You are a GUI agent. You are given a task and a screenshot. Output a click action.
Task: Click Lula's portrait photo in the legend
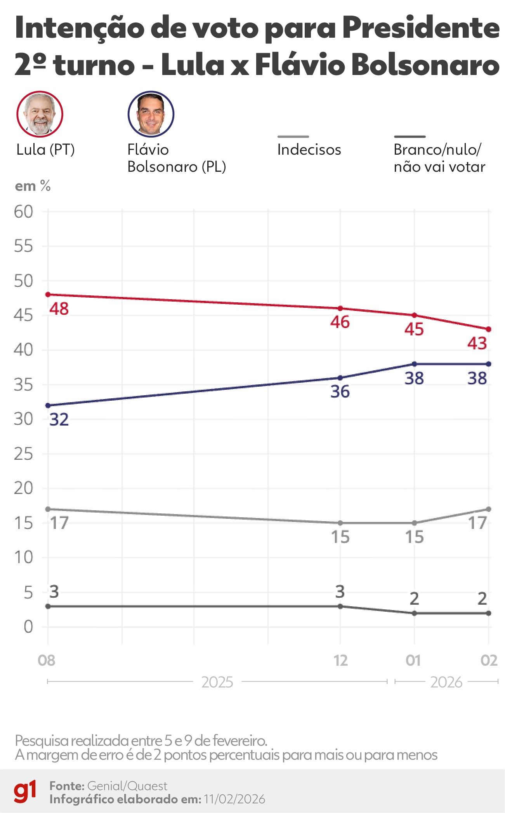[40, 114]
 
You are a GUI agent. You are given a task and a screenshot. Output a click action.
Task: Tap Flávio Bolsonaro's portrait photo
[151, 114]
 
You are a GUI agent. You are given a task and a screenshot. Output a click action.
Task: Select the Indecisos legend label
[309, 150]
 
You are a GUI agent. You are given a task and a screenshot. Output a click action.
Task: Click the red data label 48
[59, 309]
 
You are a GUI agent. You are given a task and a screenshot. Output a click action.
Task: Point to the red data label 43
[477, 344]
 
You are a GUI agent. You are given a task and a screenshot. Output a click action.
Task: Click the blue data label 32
[59, 420]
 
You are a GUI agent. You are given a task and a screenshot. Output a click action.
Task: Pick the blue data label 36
[340, 392]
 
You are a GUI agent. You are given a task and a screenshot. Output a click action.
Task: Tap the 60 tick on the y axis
[24, 212]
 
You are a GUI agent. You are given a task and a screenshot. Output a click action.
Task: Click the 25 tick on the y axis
[24, 454]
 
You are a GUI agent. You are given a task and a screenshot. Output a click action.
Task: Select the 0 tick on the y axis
[28, 627]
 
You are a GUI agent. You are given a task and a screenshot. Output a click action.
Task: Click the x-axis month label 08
[47, 661]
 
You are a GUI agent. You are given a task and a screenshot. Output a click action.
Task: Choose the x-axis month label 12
[341, 661]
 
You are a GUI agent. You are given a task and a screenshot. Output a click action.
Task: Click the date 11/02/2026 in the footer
[234, 799]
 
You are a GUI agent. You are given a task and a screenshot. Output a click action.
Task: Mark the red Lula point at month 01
[414, 315]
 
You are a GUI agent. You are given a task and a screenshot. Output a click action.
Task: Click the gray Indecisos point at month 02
[489, 509]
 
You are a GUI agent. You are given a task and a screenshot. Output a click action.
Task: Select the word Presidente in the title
[421, 28]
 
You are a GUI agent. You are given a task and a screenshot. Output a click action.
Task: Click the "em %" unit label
[33, 186]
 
